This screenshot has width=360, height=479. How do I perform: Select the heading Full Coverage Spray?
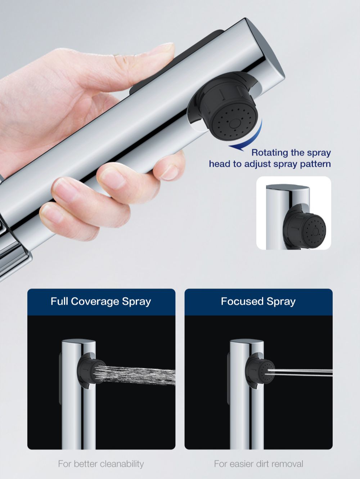101,301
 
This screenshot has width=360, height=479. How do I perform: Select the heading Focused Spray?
258,301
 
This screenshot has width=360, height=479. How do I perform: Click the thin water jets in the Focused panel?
300,372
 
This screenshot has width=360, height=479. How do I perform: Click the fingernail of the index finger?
168,173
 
